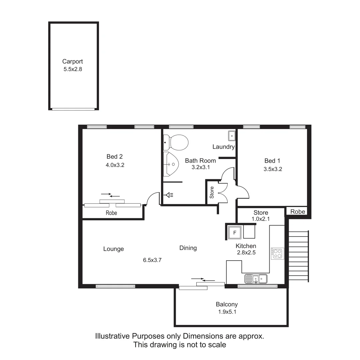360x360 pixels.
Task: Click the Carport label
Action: [x=72, y=61]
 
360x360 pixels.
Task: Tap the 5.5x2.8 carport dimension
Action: [x=72, y=70]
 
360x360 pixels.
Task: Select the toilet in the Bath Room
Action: [x=176, y=142]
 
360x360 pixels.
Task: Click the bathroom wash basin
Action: [x=172, y=164]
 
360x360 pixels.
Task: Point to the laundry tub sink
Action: [x=232, y=136]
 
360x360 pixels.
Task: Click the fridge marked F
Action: [x=234, y=233]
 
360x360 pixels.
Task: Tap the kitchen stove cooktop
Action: [x=277, y=254]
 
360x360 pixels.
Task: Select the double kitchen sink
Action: [x=256, y=278]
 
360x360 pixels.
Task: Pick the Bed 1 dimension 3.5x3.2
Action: [x=273, y=169]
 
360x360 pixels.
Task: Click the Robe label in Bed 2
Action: [x=111, y=213]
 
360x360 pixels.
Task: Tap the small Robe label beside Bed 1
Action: [x=297, y=212]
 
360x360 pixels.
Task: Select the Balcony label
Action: [x=227, y=304]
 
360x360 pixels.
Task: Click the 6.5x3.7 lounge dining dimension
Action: [x=152, y=260]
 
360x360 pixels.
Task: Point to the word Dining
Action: [x=188, y=248]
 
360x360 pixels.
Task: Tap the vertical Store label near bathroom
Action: [x=212, y=193]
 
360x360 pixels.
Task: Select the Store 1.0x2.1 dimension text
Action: [x=261, y=219]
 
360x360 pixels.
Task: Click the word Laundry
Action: [x=223, y=147]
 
